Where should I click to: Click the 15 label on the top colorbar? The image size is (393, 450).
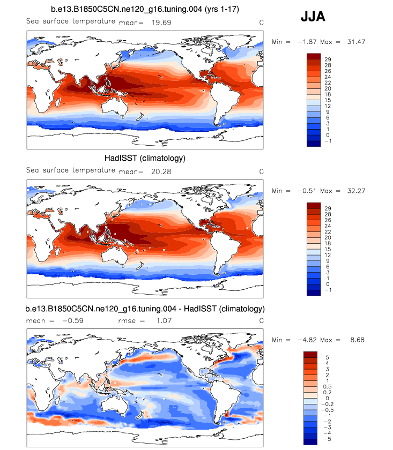[328, 100]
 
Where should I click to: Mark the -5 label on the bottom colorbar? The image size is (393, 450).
[328, 438]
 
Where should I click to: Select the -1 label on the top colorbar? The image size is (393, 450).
[328, 141]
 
